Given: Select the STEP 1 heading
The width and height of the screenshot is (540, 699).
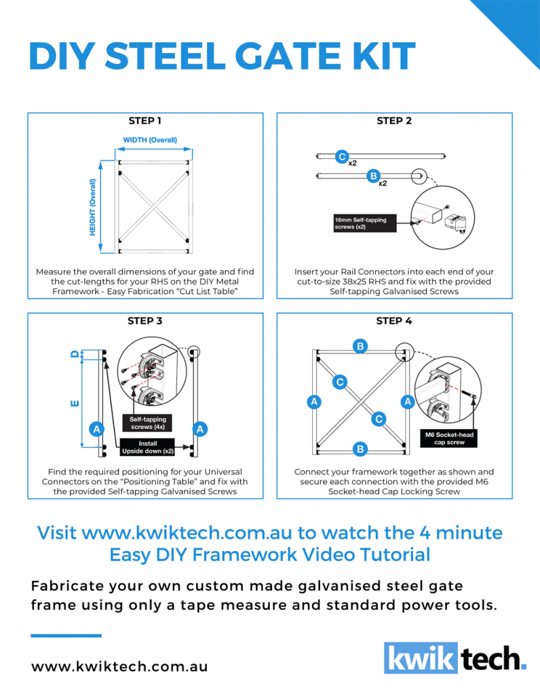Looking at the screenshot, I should (x=144, y=121).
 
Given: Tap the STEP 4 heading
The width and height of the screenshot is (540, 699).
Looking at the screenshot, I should (x=394, y=320).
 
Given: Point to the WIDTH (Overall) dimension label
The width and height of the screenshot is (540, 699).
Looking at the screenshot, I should (x=150, y=140).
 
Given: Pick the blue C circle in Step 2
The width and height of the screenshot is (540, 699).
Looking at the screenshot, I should (x=343, y=157).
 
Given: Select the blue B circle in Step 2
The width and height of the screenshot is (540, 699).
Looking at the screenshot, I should (x=372, y=176).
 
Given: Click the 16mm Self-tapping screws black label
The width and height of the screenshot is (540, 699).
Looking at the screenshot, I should (x=364, y=224).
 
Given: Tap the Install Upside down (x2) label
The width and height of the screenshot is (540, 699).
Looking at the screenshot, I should (x=148, y=447).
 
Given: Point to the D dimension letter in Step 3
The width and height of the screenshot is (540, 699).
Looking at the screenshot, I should (x=75, y=354).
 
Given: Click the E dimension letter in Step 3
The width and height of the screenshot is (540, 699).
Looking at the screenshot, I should (x=75, y=404).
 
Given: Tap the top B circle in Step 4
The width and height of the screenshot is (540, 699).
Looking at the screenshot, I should (x=361, y=346).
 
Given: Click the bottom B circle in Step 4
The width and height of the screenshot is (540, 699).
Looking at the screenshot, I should (x=361, y=449).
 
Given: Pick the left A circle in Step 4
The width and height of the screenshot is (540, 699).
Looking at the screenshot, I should (x=314, y=402).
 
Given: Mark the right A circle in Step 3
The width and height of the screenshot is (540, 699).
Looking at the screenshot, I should (x=201, y=429).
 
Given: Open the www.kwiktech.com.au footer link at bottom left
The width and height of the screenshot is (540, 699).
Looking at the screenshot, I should (x=119, y=666).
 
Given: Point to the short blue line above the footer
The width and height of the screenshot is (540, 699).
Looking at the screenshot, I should (x=66, y=635).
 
